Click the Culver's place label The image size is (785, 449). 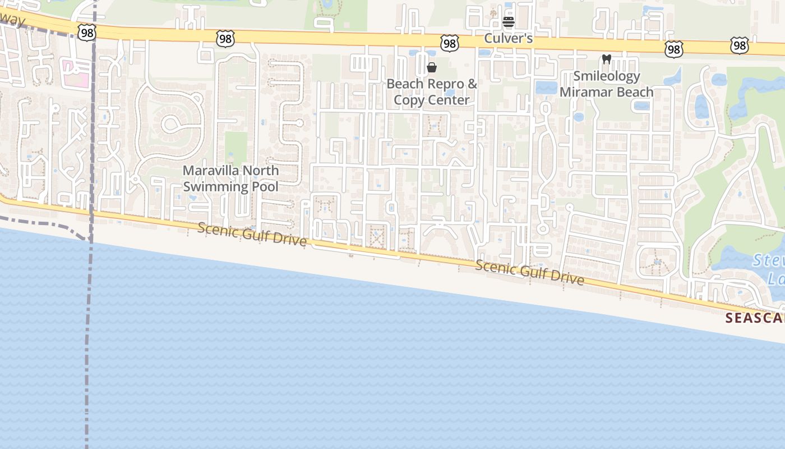508,39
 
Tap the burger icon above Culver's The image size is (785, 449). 509,22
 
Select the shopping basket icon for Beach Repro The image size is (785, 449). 432,68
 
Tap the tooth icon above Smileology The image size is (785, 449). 606,59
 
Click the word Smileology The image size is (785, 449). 606,76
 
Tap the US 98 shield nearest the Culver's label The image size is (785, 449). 450,43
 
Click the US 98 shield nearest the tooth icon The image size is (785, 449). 673,49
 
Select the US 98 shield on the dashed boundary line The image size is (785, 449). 88,32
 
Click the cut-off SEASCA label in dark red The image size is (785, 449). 754,318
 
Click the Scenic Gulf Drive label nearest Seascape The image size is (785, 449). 529,272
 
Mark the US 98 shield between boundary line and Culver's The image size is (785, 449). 225,38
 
